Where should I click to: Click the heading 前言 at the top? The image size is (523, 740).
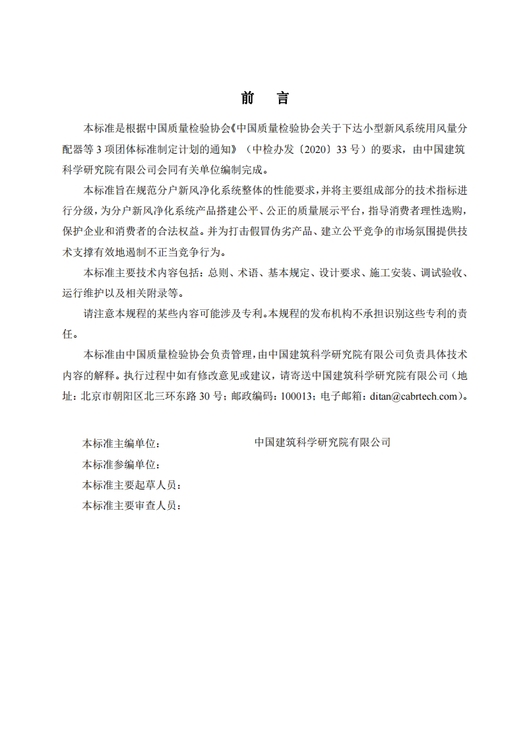click(x=264, y=99)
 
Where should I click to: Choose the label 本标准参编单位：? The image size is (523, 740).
click(x=121, y=464)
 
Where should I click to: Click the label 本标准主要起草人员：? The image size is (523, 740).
click(x=131, y=485)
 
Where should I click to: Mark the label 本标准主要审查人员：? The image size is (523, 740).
click(x=131, y=506)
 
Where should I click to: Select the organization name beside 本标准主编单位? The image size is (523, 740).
click(x=323, y=442)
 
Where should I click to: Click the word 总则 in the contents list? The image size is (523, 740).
click(x=218, y=272)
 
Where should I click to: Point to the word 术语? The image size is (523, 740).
click(x=245, y=272)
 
